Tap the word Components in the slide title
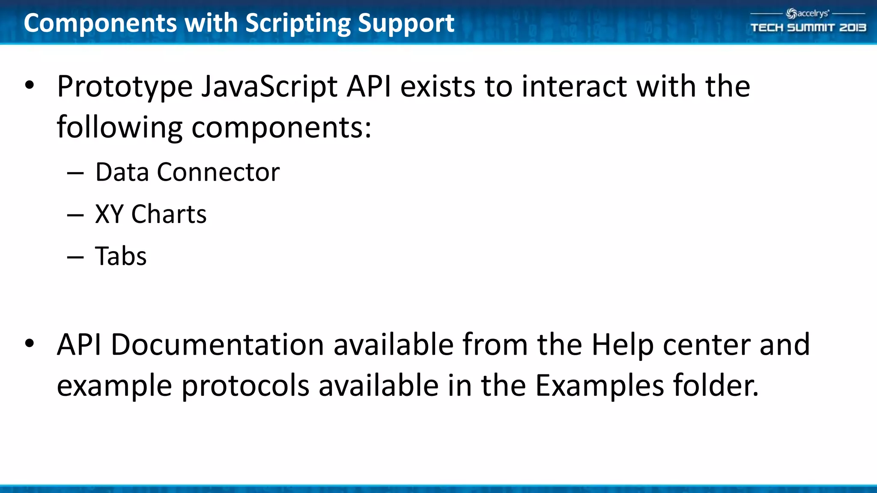(100, 23)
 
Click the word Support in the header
(406, 23)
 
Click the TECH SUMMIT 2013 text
(808, 28)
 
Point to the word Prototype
(125, 87)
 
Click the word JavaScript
(269, 87)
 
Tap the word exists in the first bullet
(437, 86)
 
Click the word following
(119, 128)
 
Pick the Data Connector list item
(187, 172)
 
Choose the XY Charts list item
(151, 214)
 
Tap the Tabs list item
(121, 256)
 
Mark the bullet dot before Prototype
(29, 85)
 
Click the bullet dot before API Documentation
(29, 343)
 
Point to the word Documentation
(217, 345)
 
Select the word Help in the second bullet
(622, 345)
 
